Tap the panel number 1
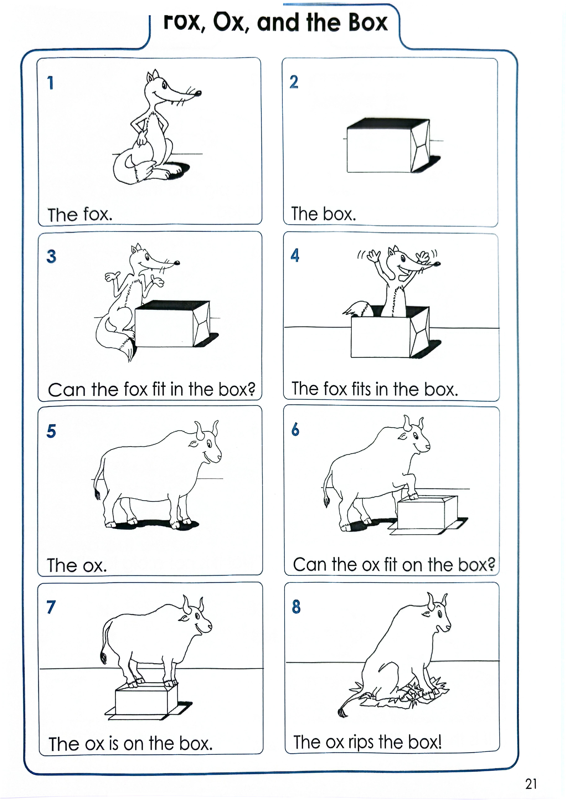point(51,83)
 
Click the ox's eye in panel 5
point(209,444)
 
